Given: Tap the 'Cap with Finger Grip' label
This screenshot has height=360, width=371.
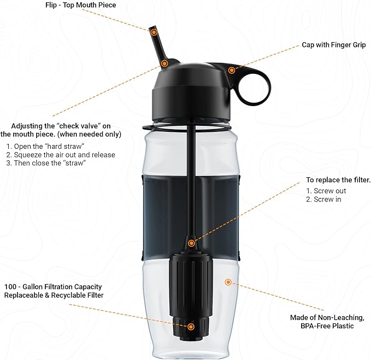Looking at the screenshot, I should coord(334,45).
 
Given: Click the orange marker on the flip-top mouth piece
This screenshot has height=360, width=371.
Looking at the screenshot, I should coord(154,32).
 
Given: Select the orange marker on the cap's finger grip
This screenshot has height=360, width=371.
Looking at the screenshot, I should coord(232,70).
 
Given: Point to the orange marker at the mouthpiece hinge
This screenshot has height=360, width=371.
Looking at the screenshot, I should coord(164,63).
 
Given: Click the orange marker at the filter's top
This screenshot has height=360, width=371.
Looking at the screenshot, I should coord(191,243).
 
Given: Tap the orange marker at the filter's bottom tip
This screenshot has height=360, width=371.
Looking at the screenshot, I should coord(191,327).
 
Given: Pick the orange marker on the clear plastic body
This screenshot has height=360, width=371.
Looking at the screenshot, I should coord(228,282).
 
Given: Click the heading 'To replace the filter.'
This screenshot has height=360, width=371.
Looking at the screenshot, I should coord(338,180).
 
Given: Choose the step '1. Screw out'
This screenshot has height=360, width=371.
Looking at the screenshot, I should coord(326,191).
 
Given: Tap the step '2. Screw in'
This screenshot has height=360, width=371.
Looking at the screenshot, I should coord(323,200).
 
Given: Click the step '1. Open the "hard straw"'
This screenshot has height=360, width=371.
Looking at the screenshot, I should coord(46,147).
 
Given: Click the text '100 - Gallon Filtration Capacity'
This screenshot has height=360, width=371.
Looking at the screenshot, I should coord(53,287).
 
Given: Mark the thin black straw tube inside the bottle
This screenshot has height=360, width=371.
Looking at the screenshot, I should coord(192,181).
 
